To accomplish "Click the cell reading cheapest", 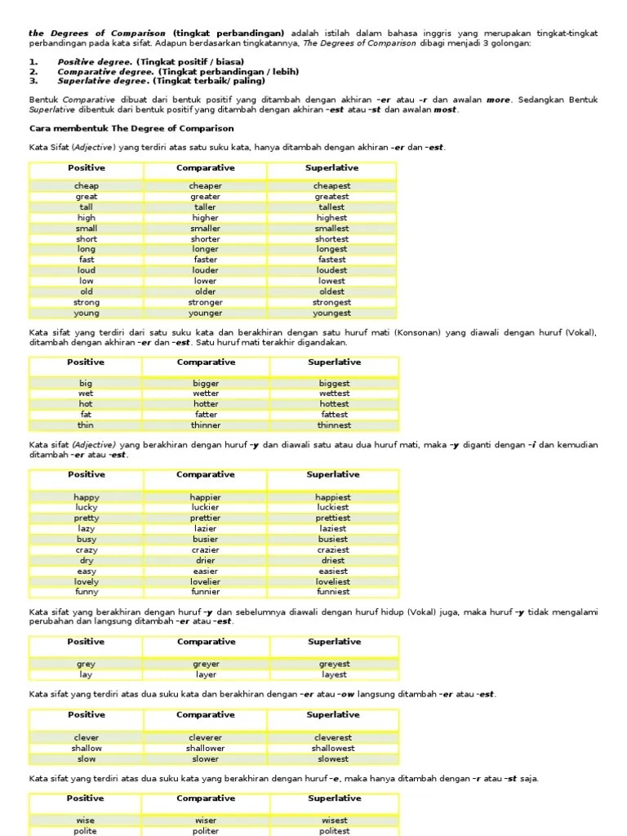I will tap(331, 186).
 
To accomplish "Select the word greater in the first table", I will tap(205, 197).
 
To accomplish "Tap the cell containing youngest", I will tap(331, 313).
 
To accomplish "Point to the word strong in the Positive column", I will tap(87, 302).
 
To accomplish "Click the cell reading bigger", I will tap(206, 383).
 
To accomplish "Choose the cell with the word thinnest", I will tap(334, 425).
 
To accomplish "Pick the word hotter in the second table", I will tap(206, 404).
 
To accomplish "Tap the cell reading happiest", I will tap(333, 497).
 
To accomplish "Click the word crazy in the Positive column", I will tap(87, 550).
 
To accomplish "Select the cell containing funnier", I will tap(206, 592).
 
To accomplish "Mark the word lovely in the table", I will tap(87, 581).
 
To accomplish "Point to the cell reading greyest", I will tap(334, 665).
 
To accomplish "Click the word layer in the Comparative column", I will tap(206, 675).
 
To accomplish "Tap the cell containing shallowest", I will tap(333, 748).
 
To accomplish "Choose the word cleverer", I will tap(206, 737).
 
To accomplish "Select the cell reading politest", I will tap(334, 831).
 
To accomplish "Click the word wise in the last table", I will tap(87, 820).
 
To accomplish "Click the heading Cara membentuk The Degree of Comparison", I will tap(131, 128).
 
